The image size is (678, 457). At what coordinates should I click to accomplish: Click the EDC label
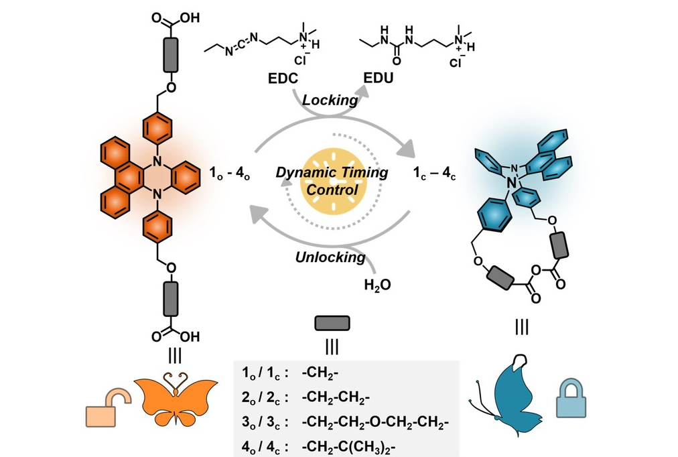(277, 79)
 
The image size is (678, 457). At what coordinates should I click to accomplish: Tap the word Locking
(330, 100)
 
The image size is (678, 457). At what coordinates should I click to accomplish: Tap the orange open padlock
(107, 408)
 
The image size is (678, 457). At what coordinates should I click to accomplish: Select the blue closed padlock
(571, 403)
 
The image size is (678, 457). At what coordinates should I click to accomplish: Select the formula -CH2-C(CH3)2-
(348, 444)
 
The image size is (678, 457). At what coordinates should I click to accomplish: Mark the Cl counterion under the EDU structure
(457, 64)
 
